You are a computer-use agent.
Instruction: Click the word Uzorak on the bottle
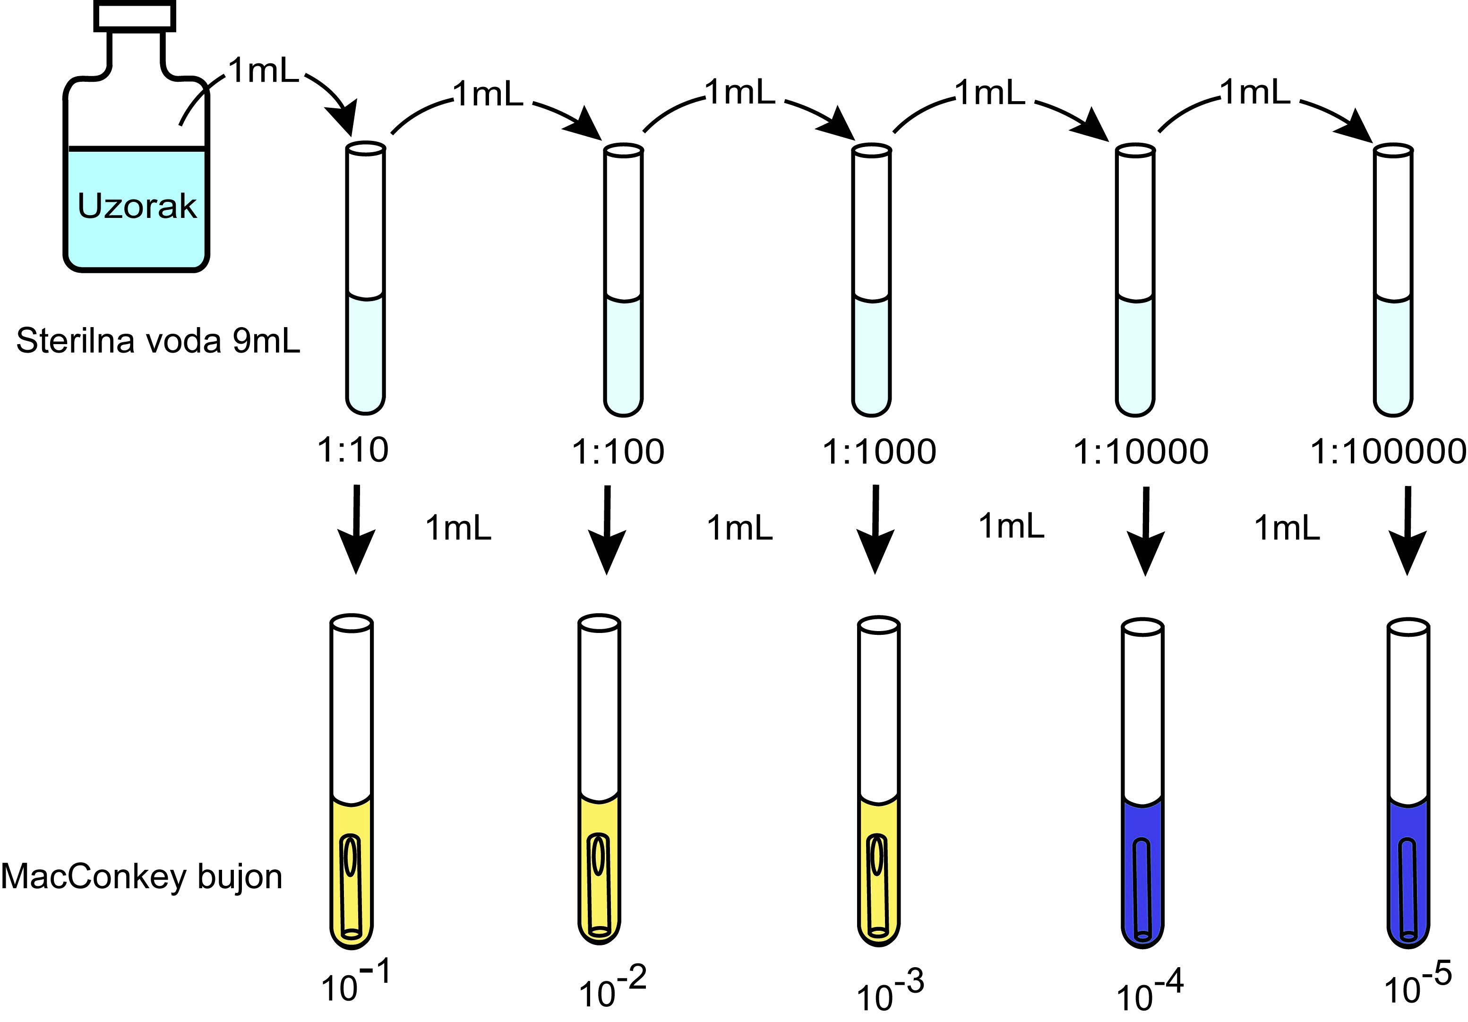[x=137, y=206]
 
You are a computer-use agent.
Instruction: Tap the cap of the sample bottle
[x=135, y=15]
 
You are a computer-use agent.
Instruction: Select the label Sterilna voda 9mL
[x=158, y=340]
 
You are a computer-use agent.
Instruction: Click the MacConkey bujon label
[x=141, y=876]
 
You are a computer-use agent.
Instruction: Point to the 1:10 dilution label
[x=353, y=450]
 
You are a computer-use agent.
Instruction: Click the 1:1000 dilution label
[x=879, y=451]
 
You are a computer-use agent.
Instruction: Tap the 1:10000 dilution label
[x=1141, y=451]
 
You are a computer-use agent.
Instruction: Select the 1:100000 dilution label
[x=1387, y=451]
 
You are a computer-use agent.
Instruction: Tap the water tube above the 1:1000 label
[x=871, y=281]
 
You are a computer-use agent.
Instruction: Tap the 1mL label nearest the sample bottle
[x=264, y=70]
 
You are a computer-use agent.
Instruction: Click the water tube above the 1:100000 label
[x=1393, y=281]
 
